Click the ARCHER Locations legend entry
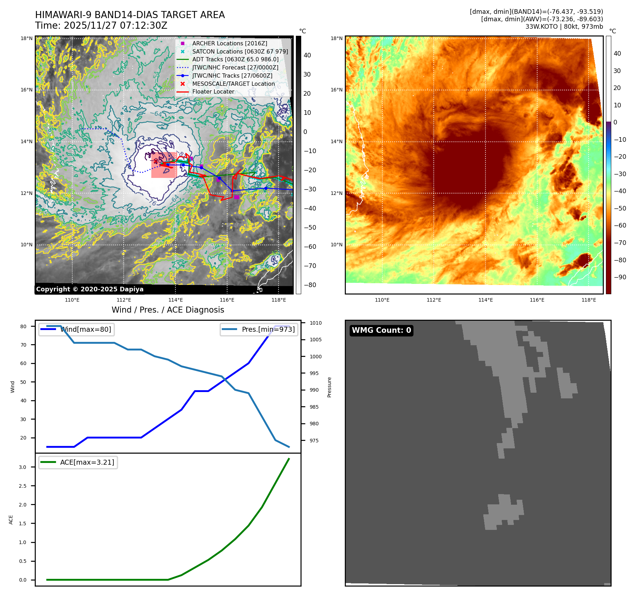click(x=230, y=43)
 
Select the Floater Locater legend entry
click(x=213, y=91)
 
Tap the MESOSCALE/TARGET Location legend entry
click(x=233, y=84)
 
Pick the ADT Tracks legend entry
click(x=235, y=59)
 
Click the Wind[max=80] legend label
click(x=86, y=329)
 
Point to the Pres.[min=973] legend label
click(x=268, y=329)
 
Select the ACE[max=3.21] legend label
click(x=87, y=462)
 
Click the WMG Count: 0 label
click(x=381, y=330)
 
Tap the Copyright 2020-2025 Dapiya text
click(x=90, y=289)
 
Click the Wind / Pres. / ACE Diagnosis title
click(x=168, y=310)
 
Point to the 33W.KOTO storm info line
click(x=564, y=27)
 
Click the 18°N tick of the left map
click(x=27, y=38)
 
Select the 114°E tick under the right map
click(x=485, y=300)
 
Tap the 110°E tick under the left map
click(x=72, y=300)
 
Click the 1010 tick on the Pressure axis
click(x=315, y=323)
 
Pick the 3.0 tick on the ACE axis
click(x=23, y=467)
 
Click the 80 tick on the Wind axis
click(x=23, y=326)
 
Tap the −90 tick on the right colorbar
click(x=620, y=277)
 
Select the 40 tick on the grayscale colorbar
click(x=307, y=55)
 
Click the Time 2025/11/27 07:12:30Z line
click(x=101, y=26)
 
